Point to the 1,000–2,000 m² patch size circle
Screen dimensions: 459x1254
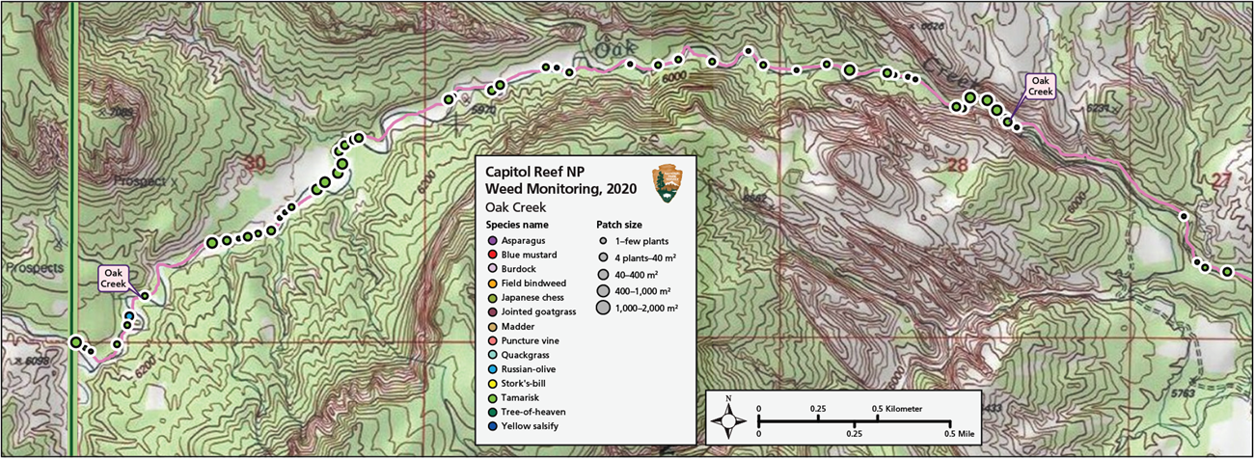603,309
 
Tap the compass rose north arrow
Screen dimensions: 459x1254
730,417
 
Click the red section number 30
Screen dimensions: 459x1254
254,164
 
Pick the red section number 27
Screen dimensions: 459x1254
1224,180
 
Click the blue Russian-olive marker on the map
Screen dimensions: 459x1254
128,315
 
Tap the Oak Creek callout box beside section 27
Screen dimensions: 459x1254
1038,87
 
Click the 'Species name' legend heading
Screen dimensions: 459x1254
517,224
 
